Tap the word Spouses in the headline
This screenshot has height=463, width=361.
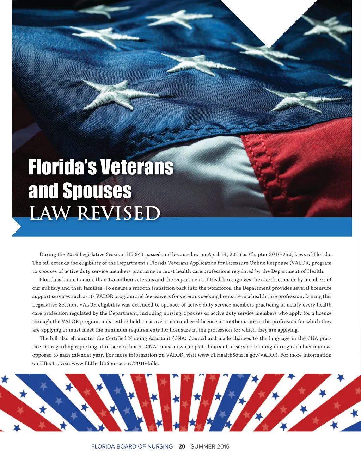click(97, 191)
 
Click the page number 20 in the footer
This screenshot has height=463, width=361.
click(182, 446)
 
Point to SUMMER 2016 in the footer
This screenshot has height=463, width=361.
click(210, 446)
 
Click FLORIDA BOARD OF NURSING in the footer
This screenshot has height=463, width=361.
click(132, 446)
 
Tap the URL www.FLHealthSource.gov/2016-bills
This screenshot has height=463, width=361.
click(115, 363)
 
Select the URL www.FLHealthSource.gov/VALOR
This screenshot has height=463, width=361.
click(238, 355)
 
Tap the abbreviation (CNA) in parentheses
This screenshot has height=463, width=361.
click(180, 338)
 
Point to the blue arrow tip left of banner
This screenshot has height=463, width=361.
click(16, 227)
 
